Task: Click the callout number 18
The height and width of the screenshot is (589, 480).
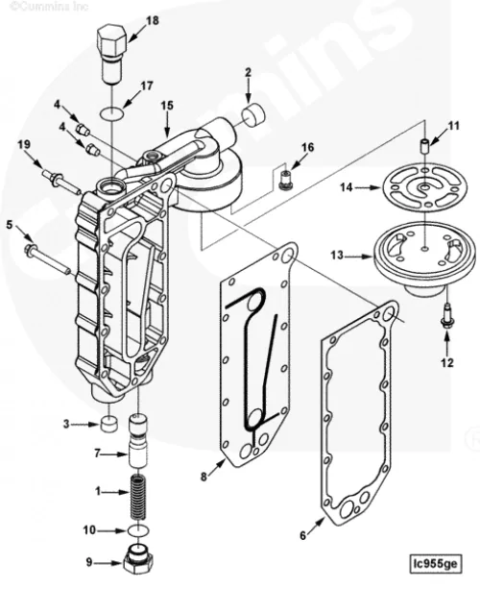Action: [152, 20]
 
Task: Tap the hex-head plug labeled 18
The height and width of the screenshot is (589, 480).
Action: [111, 55]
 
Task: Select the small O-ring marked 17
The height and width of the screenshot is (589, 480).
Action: [112, 112]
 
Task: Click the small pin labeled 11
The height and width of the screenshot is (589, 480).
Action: [424, 145]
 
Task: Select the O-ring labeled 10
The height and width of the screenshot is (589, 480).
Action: [138, 530]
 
